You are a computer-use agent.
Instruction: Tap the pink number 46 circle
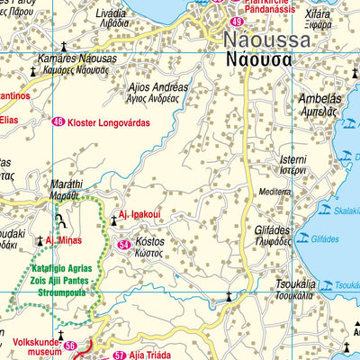pos(58,122)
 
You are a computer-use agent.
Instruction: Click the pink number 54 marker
pos(124,245)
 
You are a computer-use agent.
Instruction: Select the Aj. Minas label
pos(64,240)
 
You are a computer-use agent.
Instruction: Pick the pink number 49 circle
pos(237,21)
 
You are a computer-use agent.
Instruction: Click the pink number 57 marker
pos(120,355)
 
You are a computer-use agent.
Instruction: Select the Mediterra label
pos(274,192)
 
